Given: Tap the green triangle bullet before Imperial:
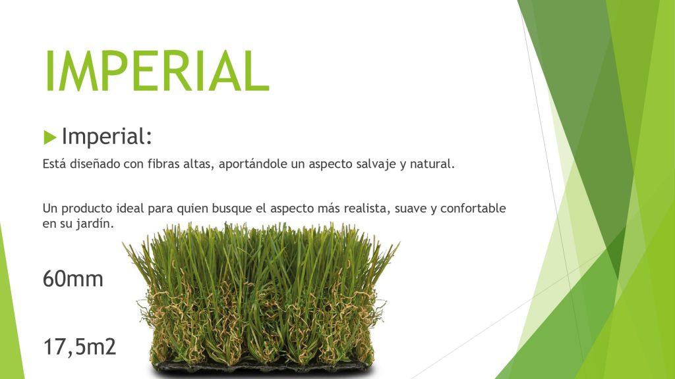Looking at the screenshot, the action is coord(50,138).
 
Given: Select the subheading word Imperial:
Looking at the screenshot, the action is coord(107,136).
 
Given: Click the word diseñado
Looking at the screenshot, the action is coord(95,164).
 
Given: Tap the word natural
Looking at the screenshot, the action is coord(432,164).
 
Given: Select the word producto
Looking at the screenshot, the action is coord(81,209).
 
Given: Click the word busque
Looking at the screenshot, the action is coord(226,209).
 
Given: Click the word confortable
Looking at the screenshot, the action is coord(473,208).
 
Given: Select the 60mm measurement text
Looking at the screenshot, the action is coord(73,279).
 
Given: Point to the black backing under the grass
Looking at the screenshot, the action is coord(262,368).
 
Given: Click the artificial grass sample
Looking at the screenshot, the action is coord(261,299).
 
